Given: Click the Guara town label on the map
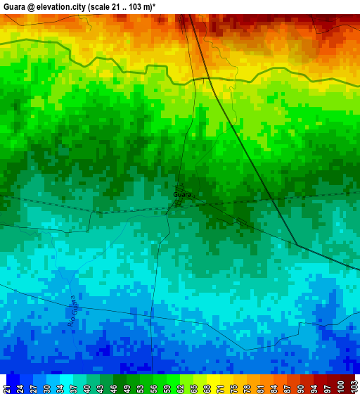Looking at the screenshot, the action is (181, 194).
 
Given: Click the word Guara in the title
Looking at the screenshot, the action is (15, 6).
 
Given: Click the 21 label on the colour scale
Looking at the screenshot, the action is (6, 386).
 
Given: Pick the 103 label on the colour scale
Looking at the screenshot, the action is (353, 386).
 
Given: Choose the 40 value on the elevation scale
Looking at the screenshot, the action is (86, 386).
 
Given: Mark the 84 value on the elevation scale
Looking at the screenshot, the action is (274, 386).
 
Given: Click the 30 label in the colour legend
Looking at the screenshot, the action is (46, 386).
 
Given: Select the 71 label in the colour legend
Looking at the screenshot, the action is (220, 386).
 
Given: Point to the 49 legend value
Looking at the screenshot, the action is (127, 386).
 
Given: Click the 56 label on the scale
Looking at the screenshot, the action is (153, 386).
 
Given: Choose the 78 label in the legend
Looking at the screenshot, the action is (247, 386).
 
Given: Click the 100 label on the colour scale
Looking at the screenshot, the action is (340, 386).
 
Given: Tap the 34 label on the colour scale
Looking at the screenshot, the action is (60, 386).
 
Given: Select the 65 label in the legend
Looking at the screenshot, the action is (193, 386).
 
